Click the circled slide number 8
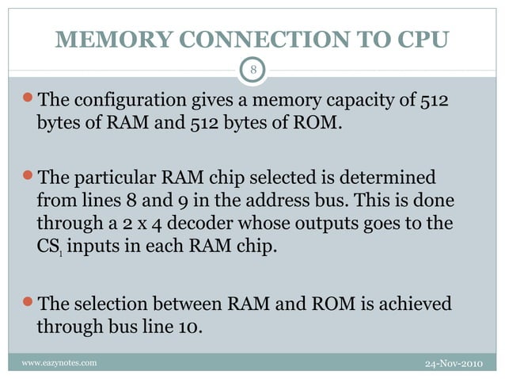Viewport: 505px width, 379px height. click(252, 71)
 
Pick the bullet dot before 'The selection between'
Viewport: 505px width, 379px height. click(30, 303)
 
